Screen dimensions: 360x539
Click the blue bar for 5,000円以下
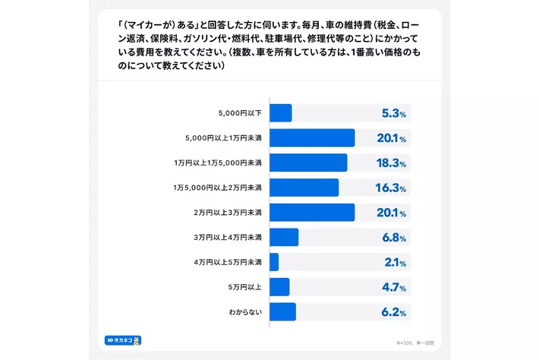(281, 113)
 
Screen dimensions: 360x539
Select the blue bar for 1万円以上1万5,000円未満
(308, 163)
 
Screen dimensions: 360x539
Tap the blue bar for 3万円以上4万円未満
(284, 237)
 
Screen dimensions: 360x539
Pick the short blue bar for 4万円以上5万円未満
(274, 262)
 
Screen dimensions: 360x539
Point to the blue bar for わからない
(282, 311)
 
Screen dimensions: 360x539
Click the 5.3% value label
(393, 114)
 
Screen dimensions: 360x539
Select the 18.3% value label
(391, 163)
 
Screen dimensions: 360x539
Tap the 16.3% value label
(391, 188)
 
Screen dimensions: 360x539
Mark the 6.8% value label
(393, 238)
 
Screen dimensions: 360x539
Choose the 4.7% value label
(393, 288)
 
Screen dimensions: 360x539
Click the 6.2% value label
(393, 312)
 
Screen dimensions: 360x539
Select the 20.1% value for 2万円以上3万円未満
(391, 213)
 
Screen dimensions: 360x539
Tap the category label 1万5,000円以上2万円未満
(218, 188)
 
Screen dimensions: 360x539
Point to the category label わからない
(244, 311)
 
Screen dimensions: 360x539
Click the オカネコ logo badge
(125, 340)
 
